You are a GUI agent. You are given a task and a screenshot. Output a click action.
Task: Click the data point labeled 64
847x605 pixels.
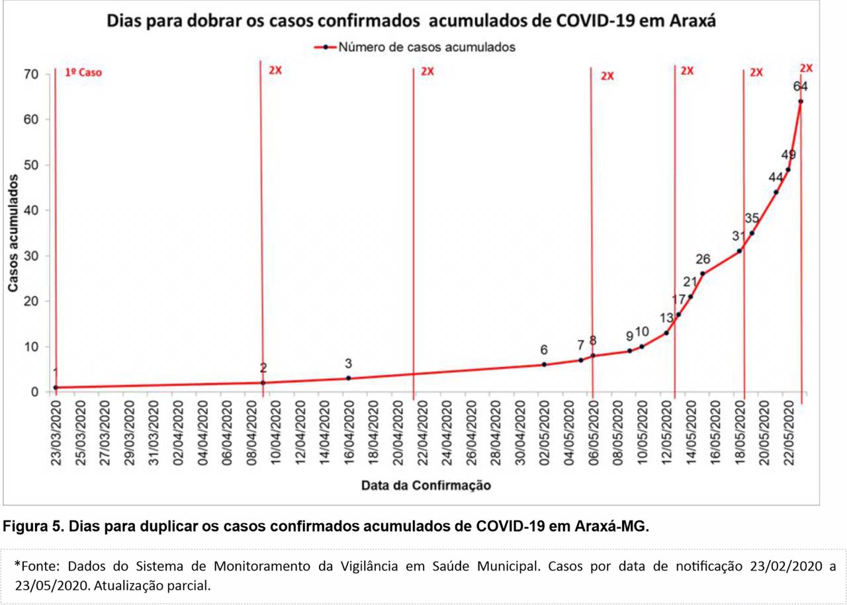pos(801,101)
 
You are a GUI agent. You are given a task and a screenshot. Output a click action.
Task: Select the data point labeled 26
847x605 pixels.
pos(703,274)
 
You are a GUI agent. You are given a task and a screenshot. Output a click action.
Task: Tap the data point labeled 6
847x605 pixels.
pos(544,365)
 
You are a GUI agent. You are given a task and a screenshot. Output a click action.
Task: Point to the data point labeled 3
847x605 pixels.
pos(349,378)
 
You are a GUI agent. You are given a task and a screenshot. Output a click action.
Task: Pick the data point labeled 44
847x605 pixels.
pos(776,192)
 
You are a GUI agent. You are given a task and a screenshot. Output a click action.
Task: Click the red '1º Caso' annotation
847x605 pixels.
pos(83,73)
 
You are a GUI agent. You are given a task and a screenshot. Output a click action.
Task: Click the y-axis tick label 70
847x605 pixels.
pos(31,75)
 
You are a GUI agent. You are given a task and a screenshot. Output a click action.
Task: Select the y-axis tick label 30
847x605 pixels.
pos(31,256)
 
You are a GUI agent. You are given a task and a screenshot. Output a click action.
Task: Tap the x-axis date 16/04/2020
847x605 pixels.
pos(349,433)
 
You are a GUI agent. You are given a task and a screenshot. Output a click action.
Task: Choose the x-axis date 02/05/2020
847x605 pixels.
pos(544,433)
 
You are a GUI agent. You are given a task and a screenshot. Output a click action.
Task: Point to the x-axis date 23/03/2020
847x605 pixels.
pos(56,433)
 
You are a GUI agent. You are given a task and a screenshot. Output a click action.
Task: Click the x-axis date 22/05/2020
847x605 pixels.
pos(788,433)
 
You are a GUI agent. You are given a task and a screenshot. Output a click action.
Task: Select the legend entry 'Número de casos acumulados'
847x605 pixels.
pos(415,47)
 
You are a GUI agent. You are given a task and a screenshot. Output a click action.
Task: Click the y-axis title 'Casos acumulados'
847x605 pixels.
pos(13,233)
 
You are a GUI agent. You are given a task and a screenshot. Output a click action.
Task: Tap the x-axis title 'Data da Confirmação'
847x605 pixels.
pos(426,485)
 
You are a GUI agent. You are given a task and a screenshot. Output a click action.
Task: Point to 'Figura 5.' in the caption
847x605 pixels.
pos(33,526)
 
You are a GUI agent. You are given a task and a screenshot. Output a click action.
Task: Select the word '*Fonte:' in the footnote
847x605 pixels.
pos(37,566)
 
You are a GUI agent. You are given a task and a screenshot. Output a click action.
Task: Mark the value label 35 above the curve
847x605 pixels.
pos(752,218)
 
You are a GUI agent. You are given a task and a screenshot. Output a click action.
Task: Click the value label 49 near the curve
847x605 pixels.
pos(789,154)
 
